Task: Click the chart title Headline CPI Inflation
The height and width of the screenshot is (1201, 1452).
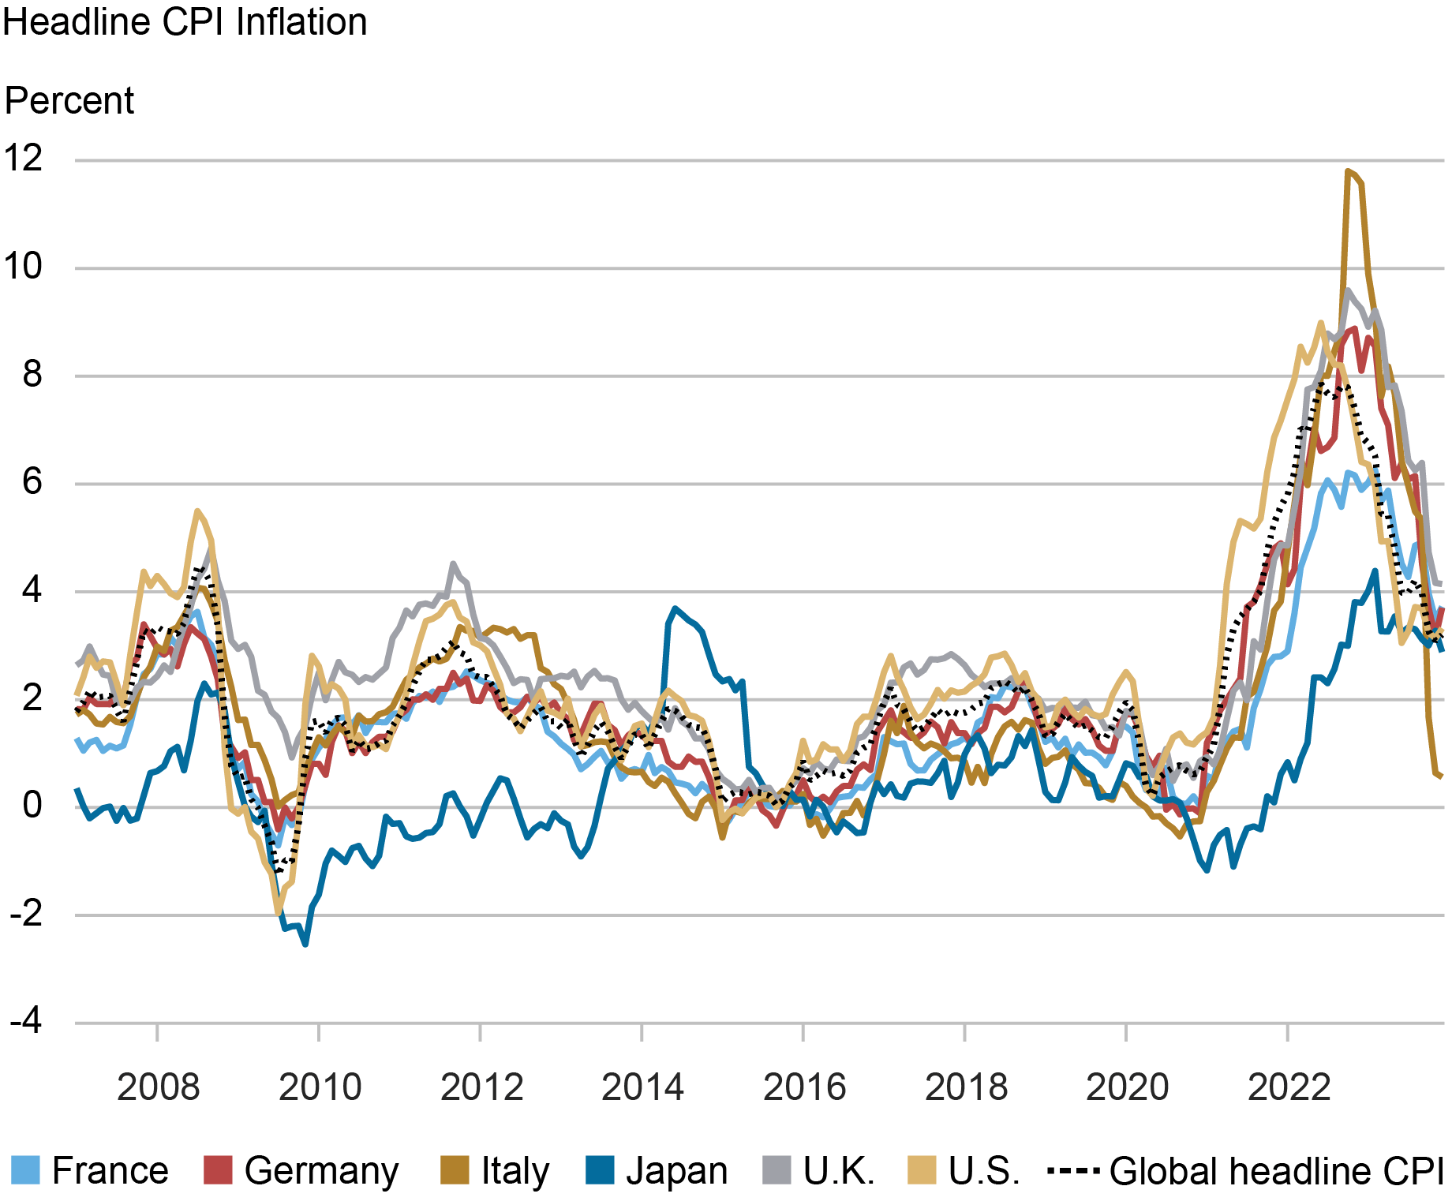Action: tap(185, 22)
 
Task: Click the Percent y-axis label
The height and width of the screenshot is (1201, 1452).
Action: tap(69, 101)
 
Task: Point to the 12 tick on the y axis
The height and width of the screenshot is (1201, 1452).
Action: tap(24, 159)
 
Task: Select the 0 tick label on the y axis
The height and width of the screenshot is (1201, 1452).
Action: tap(32, 806)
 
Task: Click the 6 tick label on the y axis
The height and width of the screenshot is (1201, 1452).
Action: tap(32, 482)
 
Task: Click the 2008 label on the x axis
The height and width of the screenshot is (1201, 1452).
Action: tap(158, 1087)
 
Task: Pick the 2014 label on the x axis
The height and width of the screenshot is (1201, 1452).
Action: tap(642, 1087)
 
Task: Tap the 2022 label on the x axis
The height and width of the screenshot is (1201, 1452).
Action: tap(1288, 1087)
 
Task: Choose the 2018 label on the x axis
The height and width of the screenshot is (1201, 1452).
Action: tap(965, 1087)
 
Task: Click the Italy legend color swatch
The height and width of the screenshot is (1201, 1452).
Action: tap(455, 1171)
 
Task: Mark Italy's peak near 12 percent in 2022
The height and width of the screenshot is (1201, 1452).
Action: tap(1348, 170)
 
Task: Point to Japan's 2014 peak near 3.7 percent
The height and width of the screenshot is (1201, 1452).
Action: tap(675, 608)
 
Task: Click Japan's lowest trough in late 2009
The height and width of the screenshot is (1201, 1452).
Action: tap(305, 944)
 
